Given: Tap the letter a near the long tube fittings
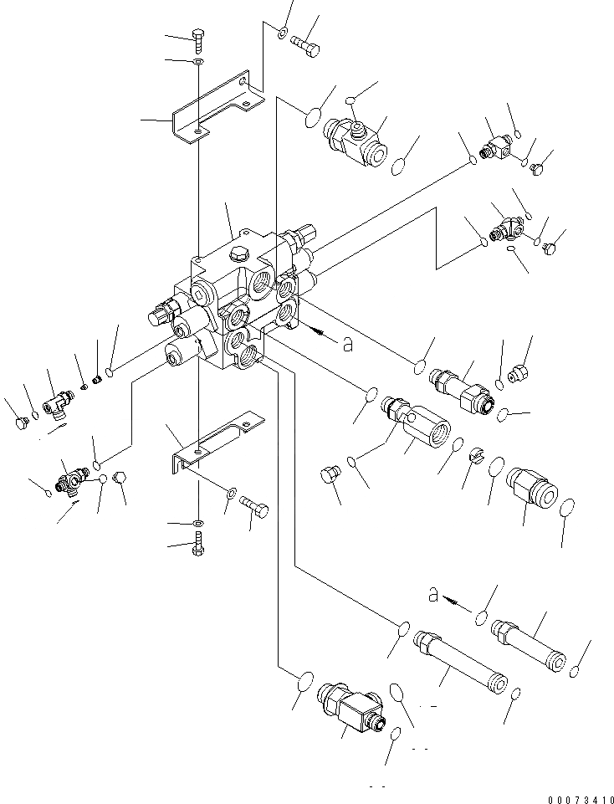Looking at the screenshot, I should coord(432,595).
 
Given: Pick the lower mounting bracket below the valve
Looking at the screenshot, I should coord(213,443).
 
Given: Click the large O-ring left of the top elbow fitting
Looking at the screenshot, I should coord(309,117).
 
